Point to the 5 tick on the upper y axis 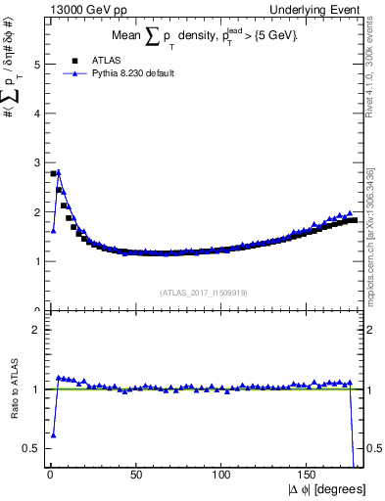pos(36,65)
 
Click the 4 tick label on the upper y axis pos(36,114)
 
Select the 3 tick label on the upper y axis pos(36,162)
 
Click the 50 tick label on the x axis pos(135,477)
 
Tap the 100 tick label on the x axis pos(222,477)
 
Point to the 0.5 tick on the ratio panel pos(32,448)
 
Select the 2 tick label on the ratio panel pos(36,330)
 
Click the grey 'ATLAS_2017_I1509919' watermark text pos(202,291)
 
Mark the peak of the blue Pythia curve pos(58,172)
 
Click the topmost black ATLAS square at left pos(53,173)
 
